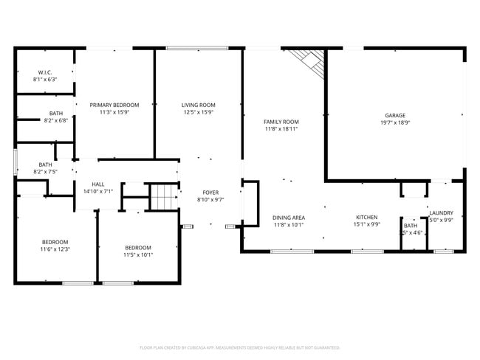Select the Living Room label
198,105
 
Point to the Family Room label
281,121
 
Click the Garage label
394,115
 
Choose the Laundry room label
441,213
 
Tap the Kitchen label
367,218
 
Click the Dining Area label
289,218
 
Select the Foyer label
210,192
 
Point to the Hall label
97,184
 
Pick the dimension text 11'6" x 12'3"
55,249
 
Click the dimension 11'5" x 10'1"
138,255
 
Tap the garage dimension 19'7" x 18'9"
394,123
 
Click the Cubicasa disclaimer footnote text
239,347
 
